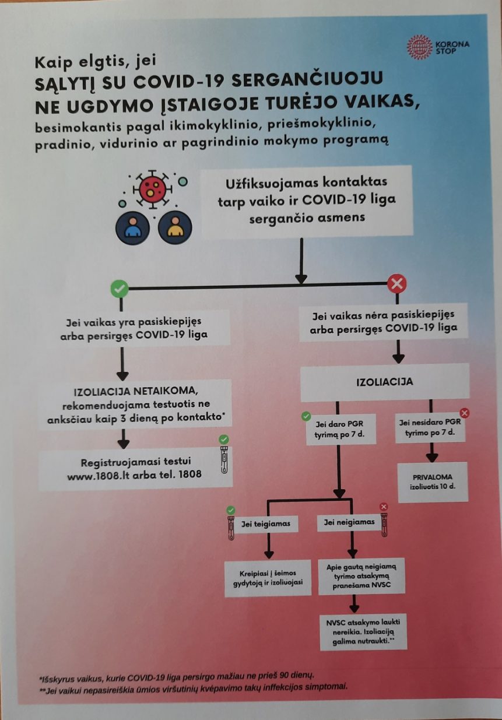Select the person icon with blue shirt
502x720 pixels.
(134, 227)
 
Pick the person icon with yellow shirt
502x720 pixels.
(174, 227)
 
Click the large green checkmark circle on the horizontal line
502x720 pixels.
(119, 287)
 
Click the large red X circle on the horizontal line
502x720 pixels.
(397, 285)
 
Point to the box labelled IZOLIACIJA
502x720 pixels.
(384, 382)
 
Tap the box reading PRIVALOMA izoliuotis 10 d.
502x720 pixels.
(433, 481)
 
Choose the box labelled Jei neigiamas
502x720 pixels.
(349, 522)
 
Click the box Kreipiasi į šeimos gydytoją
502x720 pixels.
(268, 578)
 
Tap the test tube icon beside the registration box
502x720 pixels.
(224, 459)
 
